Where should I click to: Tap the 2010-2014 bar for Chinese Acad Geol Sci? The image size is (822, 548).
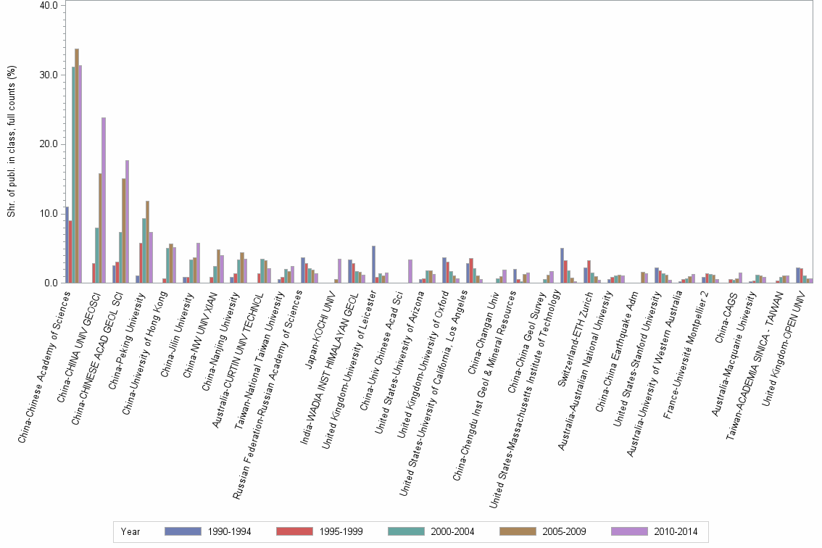coord(127,221)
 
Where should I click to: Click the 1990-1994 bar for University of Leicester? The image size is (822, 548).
coord(373,264)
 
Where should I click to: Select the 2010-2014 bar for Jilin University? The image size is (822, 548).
coord(198,262)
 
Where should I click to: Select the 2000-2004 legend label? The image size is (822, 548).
coord(452,531)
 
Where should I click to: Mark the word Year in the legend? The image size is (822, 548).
coord(130,531)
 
